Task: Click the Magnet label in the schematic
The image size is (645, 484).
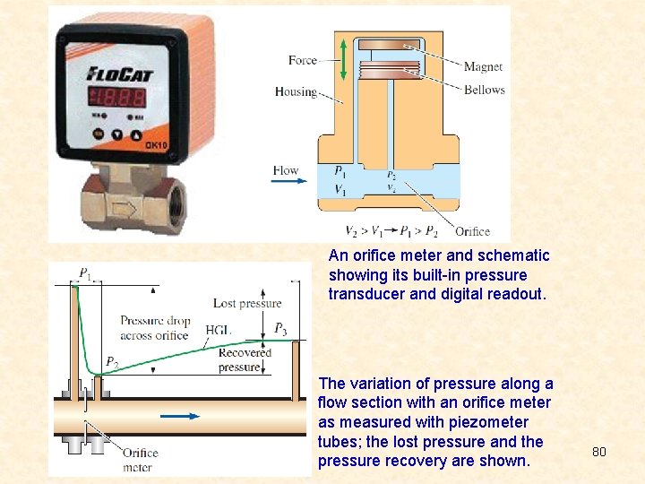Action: tap(483, 66)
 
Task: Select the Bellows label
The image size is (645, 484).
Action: tap(484, 90)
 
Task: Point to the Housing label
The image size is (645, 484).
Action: tap(296, 91)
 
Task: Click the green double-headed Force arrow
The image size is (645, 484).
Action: tap(343, 60)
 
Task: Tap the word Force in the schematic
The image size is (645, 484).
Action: tap(303, 60)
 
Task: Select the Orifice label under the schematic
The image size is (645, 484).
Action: tap(472, 231)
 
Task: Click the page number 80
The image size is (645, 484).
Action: tap(599, 452)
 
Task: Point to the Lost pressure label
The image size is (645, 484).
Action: tap(247, 304)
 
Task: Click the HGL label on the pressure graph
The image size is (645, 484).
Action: tap(218, 329)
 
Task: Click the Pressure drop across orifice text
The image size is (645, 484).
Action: tap(154, 328)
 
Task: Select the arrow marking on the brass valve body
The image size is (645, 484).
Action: tap(125, 209)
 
